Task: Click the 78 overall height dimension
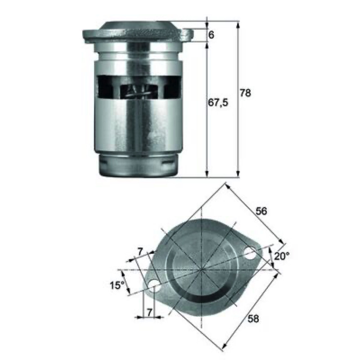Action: click(x=245, y=93)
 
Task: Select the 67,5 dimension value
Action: click(x=218, y=103)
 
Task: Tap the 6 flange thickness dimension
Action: click(x=211, y=35)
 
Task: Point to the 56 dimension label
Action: click(x=261, y=211)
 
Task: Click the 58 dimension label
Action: click(x=253, y=319)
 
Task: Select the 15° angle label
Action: click(x=117, y=285)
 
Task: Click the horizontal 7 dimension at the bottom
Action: click(x=149, y=312)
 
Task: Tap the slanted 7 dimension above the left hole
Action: click(x=140, y=252)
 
